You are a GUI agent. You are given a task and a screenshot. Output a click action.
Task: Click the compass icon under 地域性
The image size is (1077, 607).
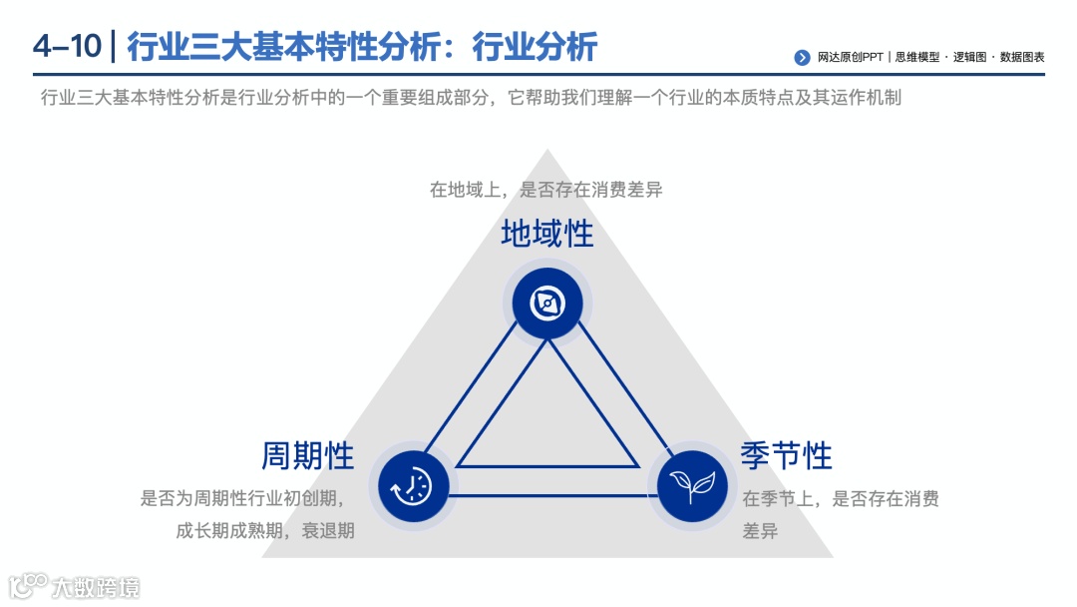547,303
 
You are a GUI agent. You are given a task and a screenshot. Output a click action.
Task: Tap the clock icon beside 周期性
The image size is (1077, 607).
413,486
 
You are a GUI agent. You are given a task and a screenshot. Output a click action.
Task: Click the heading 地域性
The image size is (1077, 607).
547,235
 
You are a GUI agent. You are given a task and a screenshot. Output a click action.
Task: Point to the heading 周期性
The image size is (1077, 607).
308,455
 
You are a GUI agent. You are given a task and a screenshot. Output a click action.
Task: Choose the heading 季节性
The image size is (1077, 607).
786,455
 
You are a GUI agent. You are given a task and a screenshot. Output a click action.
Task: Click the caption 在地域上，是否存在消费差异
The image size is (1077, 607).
545,190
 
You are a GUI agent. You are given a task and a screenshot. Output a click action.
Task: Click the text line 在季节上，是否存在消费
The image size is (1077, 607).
840,498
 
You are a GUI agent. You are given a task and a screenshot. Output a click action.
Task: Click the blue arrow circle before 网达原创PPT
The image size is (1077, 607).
802,58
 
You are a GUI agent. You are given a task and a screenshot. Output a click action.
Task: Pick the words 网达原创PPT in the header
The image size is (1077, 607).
850,58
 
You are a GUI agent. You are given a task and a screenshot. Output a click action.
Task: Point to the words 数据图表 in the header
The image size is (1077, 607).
1022,58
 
